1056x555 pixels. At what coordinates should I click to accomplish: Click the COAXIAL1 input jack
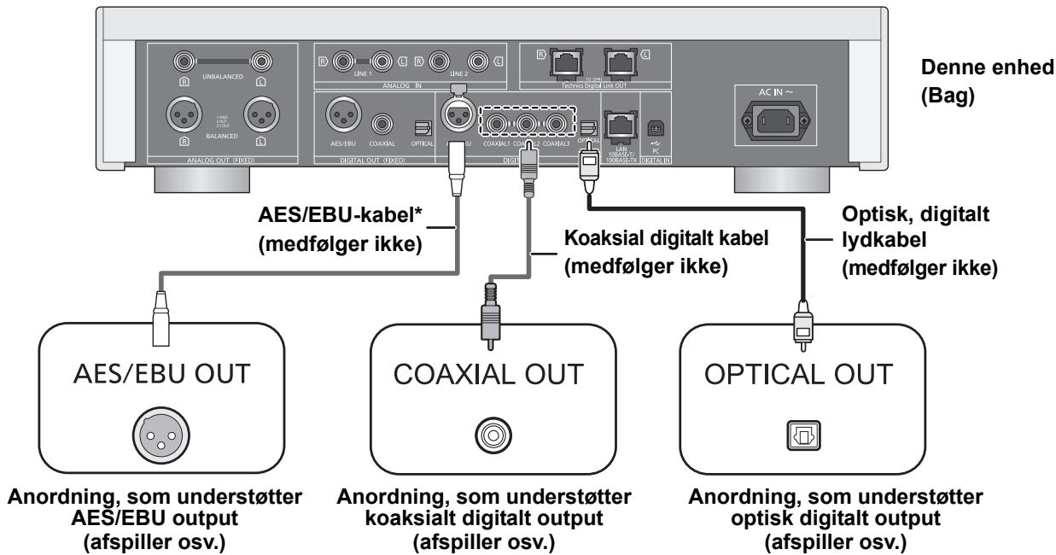pos(496,124)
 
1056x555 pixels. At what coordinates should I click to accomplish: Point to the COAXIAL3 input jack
pos(557,124)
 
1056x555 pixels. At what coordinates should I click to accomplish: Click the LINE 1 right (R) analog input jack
pos(344,61)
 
